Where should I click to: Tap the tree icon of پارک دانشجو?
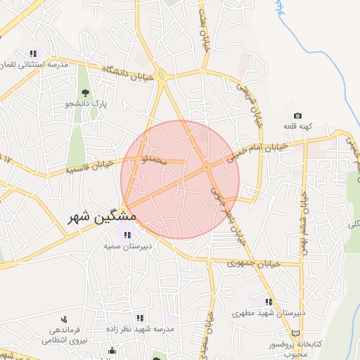(85, 92)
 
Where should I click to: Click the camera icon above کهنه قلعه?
(297, 116)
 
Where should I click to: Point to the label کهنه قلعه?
(297, 127)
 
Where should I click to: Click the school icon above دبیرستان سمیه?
(127, 235)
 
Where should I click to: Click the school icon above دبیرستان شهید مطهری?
(268, 301)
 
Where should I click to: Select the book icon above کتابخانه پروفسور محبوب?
(295, 333)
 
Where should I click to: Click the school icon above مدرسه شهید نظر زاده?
(140, 318)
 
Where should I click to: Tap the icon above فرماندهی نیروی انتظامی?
(64, 319)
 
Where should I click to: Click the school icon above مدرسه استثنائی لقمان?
(33, 53)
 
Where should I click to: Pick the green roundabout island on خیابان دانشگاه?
(162, 77)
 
